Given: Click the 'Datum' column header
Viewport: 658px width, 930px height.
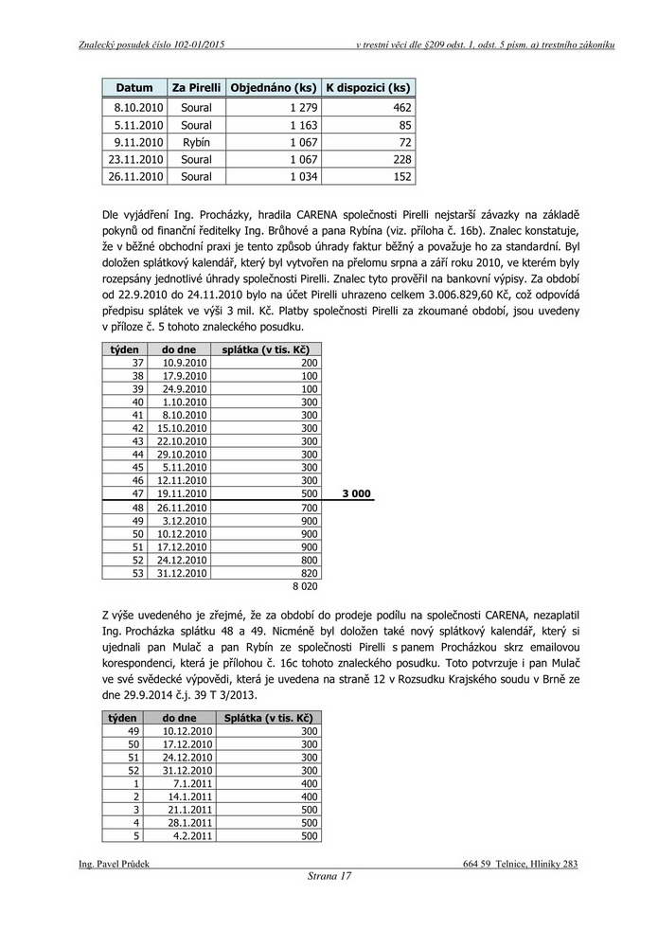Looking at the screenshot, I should (134, 88).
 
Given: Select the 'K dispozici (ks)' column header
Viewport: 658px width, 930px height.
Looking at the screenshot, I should (367, 88).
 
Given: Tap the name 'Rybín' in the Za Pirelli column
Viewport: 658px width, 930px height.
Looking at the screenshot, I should (196, 142).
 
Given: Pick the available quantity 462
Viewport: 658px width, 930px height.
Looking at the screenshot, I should (400, 108).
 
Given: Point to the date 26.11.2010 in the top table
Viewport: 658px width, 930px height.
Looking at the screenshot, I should (136, 176).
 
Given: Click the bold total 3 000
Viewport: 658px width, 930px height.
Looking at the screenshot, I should (355, 494).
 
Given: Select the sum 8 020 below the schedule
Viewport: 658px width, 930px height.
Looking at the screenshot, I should (304, 586).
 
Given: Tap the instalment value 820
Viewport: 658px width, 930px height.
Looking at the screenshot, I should (310, 574).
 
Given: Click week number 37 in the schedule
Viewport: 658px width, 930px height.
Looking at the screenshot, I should (137, 363).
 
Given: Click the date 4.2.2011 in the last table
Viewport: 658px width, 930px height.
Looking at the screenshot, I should (193, 836).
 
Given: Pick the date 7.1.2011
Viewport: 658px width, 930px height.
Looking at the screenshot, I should (193, 783).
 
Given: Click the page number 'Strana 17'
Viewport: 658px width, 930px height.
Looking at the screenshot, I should (329, 876).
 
